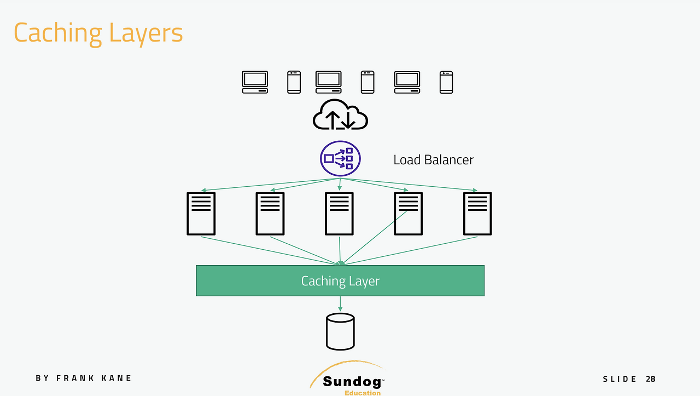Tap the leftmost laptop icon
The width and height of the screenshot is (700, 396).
[x=255, y=82]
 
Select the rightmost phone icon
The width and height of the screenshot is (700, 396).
[x=446, y=82]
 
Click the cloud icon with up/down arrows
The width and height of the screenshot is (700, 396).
[x=340, y=114]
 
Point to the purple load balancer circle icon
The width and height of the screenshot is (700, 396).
[x=340, y=158]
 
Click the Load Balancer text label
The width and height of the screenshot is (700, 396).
[x=434, y=160]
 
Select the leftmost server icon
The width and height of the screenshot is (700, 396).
[x=201, y=214]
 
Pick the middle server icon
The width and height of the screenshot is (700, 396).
[x=340, y=214]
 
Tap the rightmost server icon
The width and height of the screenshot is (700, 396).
[x=477, y=214]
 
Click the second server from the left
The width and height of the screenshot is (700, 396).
[x=270, y=214]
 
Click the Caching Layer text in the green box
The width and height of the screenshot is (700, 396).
[x=340, y=281]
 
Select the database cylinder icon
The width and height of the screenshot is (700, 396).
[x=340, y=331]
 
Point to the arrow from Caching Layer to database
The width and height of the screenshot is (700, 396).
[x=340, y=303]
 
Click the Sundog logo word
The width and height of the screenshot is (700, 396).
[x=352, y=382]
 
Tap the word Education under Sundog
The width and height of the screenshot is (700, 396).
[x=363, y=393]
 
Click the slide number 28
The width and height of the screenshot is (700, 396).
[x=651, y=379]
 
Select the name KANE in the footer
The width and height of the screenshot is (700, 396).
[x=116, y=378]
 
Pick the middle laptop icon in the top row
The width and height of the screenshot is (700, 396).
[x=329, y=82]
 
